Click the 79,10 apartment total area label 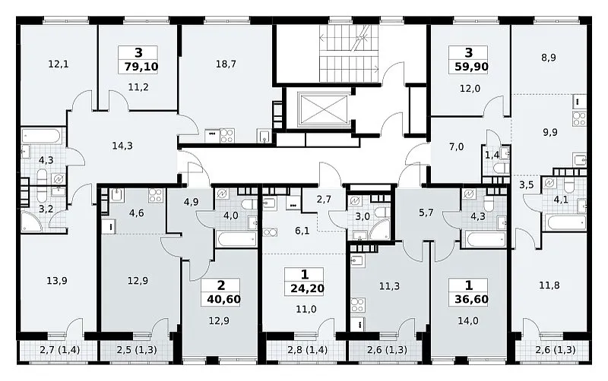tap(141, 67)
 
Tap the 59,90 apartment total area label tap(471, 67)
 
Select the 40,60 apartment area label tap(223, 299)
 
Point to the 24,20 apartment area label tap(307, 288)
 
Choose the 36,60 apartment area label tap(471, 299)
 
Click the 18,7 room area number tap(226, 64)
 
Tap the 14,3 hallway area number tap(122, 146)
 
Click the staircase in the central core tap(349, 53)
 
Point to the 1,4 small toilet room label tap(492, 156)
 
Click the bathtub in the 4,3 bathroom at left tap(41, 137)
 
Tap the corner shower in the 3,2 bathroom tap(32, 222)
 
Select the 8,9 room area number tap(548, 58)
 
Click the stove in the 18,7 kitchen tap(226, 136)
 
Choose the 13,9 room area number tap(56, 280)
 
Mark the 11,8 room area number tap(549, 285)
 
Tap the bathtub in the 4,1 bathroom tap(565, 222)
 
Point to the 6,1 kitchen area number tap(302, 231)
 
